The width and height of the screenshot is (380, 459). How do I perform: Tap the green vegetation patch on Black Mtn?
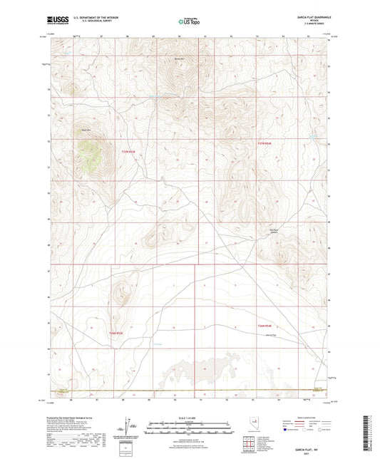tap(91, 153)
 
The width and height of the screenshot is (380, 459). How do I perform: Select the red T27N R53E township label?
tap(127, 150)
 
